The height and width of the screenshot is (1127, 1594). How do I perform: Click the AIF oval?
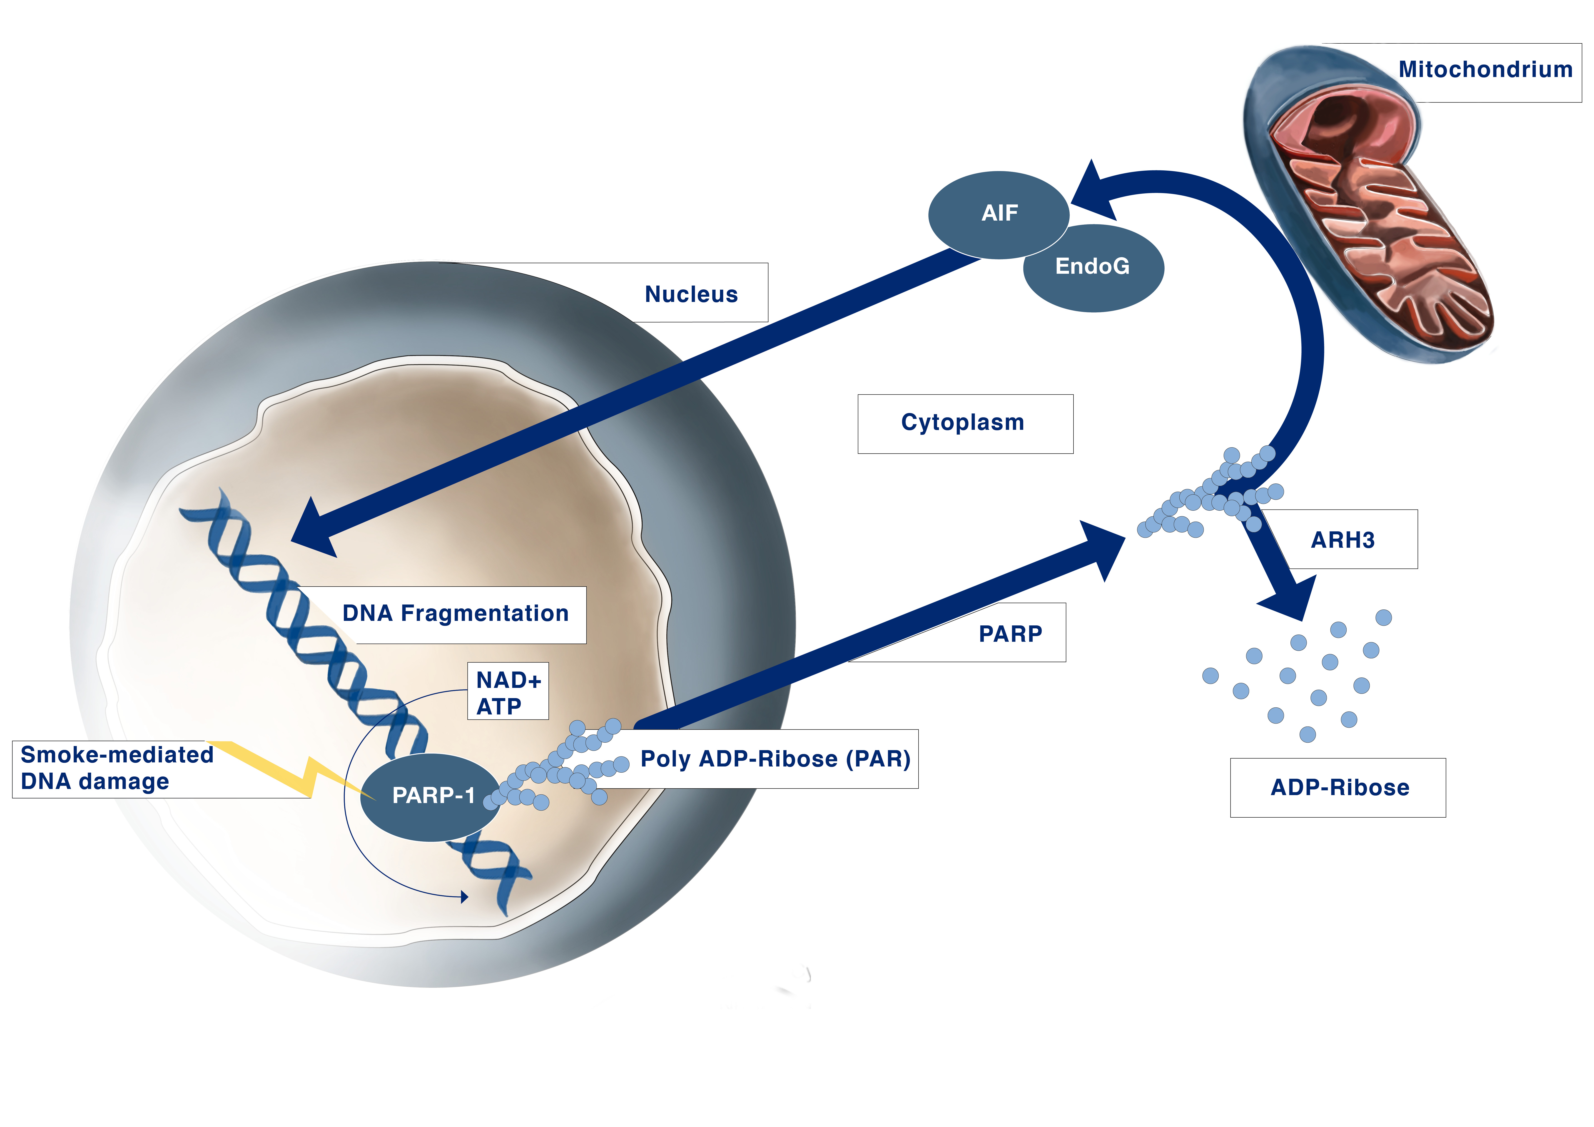[998, 213]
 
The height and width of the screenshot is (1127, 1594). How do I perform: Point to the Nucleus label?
[691, 294]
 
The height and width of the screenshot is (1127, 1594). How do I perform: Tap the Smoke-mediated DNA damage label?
[117, 768]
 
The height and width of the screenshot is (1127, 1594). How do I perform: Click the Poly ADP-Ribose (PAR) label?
[775, 759]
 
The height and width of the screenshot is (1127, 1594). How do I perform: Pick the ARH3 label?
[1342, 540]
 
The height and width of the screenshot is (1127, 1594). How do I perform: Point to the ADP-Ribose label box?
[1338, 787]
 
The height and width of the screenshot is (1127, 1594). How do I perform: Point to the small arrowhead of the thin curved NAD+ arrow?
[464, 897]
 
